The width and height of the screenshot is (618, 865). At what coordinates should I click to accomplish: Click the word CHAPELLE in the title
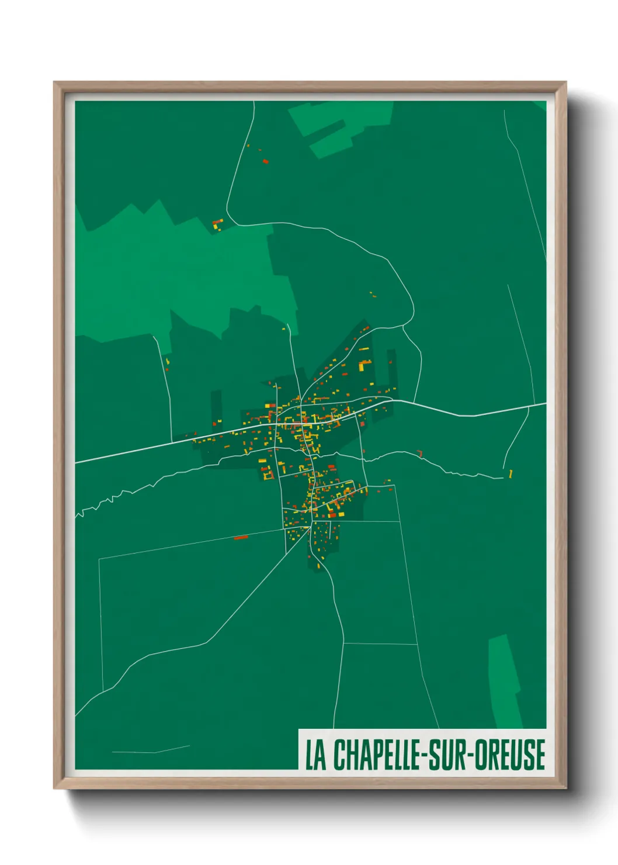pyautogui.click(x=376, y=755)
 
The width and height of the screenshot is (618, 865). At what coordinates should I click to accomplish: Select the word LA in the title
pyautogui.click(x=315, y=755)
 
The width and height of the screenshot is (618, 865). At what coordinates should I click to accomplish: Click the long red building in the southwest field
pyautogui.click(x=241, y=537)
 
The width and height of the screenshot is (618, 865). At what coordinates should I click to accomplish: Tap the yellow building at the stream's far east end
pyautogui.click(x=511, y=473)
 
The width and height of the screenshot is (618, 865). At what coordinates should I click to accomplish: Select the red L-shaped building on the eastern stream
pyautogui.click(x=419, y=453)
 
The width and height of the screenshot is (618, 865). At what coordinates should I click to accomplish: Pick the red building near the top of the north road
pyautogui.click(x=265, y=161)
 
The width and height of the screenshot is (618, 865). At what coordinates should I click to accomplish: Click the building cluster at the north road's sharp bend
pyautogui.click(x=218, y=224)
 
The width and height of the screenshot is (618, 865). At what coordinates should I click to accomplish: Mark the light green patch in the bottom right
pyautogui.click(x=504, y=681)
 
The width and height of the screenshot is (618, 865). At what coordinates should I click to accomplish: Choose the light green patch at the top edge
pyautogui.click(x=339, y=126)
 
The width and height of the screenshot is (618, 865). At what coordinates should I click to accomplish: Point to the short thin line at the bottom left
pyautogui.click(x=151, y=750)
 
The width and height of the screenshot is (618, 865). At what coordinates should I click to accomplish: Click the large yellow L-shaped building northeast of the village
pyautogui.click(x=364, y=365)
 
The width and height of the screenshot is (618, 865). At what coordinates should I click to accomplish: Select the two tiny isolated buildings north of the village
pyautogui.click(x=372, y=295)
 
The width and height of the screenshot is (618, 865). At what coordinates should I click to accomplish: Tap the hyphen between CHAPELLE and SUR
pyautogui.click(x=422, y=756)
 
